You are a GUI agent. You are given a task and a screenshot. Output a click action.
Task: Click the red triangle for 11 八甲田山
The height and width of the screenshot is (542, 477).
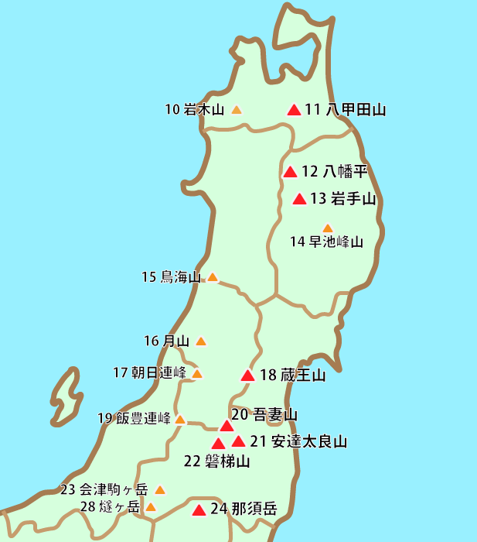coord(293,110)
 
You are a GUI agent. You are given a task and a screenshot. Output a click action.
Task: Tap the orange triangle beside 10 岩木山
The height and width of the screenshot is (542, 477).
coord(237,110)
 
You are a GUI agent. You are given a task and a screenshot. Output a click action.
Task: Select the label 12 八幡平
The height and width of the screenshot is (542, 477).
coord(334,171)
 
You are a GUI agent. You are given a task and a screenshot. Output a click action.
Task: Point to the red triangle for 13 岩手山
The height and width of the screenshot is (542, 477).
coord(300,200)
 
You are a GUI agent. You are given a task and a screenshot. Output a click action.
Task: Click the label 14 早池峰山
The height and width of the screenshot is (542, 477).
coord(326,242)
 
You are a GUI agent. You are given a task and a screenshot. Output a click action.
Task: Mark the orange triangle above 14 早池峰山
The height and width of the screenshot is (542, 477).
coord(327,228)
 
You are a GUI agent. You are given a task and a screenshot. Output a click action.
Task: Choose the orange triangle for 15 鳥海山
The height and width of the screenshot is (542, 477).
coord(213,277)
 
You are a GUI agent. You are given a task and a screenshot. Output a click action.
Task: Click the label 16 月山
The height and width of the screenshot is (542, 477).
coord(166,341)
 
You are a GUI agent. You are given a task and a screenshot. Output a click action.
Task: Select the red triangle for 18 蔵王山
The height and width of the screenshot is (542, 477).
coord(247,376)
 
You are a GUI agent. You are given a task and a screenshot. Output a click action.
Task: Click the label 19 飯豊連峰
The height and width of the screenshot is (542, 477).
coord(134,419)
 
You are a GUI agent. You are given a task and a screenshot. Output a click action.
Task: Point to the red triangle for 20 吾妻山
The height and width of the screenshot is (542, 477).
coord(227,426)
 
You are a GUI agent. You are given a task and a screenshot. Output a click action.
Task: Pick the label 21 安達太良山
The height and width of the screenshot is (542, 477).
coord(298,442)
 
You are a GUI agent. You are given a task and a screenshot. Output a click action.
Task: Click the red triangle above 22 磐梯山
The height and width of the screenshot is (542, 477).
coord(219,444)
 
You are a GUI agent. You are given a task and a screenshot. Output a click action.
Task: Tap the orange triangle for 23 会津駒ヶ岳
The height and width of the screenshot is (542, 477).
coord(160,490)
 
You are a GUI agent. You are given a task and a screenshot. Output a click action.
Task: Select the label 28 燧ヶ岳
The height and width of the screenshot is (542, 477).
coord(111,508)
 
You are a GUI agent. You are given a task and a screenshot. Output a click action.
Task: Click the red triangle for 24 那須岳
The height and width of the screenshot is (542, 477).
coord(199,510)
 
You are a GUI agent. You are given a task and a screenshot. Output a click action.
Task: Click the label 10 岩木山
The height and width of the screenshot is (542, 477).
coord(194,110)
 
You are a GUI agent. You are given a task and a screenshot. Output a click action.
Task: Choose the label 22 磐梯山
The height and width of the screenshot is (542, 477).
coord(217,461)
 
